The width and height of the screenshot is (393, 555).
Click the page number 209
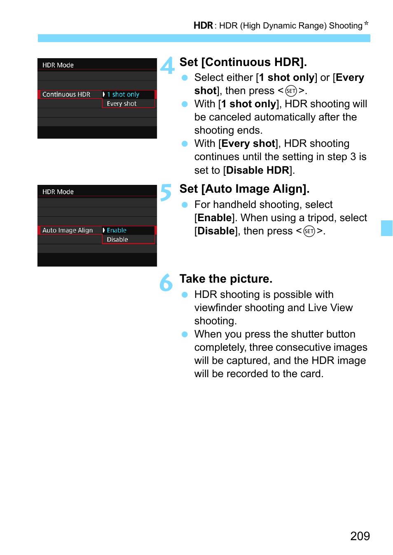(360, 536)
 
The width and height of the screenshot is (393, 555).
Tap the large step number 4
(167, 65)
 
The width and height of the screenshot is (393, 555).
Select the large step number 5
(166, 192)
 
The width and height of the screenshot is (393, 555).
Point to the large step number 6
(166, 282)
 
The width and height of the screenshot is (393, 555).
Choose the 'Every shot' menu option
(122, 104)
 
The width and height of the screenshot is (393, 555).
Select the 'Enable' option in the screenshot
(117, 230)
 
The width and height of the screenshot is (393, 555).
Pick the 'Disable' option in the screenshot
(117, 239)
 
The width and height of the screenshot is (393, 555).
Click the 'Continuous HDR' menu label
(66, 94)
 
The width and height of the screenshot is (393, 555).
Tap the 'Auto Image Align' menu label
(68, 230)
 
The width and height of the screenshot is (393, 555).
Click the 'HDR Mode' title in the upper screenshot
(58, 65)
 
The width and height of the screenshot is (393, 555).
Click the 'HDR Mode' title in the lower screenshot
(58, 192)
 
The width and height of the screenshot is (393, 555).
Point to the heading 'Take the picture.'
(226, 279)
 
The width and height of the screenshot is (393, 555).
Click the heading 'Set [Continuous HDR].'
(243, 62)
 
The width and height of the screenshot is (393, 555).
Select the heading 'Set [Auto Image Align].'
(244, 189)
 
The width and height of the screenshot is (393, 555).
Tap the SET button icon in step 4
(291, 91)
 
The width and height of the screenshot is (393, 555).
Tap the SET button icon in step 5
(309, 231)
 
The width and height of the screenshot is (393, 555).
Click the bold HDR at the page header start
(203, 26)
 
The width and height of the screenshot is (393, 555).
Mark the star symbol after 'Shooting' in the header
(366, 23)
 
